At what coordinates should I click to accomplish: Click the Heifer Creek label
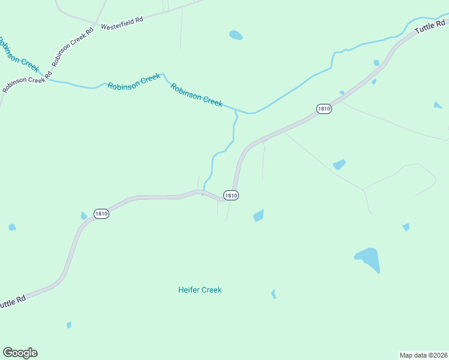pyautogui.click(x=200, y=290)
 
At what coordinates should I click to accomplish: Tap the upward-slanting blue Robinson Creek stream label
pyautogui.click(x=134, y=82)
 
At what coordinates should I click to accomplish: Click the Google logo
pyautogui.click(x=20, y=353)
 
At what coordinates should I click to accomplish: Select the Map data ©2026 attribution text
pyautogui.click(x=423, y=355)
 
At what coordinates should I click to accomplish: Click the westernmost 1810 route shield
pyautogui.click(x=101, y=214)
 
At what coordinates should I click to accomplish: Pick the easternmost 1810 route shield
pyautogui.click(x=324, y=109)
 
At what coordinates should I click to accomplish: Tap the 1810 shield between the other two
pyautogui.click(x=231, y=195)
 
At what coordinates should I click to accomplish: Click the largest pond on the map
pyautogui.click(x=368, y=259)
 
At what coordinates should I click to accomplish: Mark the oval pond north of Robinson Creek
pyautogui.click(x=236, y=35)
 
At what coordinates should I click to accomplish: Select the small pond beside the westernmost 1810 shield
pyautogui.click(x=83, y=216)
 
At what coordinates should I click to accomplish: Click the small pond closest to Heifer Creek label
pyautogui.click(x=274, y=293)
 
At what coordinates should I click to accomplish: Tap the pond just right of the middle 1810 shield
pyautogui.click(x=259, y=215)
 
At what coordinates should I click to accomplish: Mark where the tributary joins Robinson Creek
pyautogui.click(x=236, y=111)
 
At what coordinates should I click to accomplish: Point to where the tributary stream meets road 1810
pyautogui.click(x=203, y=192)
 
